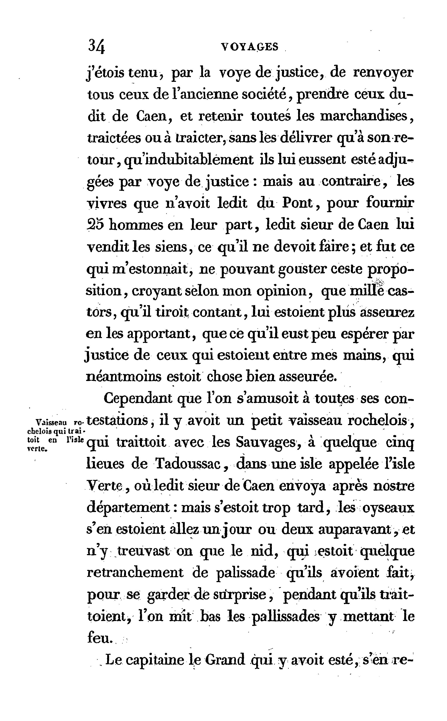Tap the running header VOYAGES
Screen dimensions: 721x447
pos(250,47)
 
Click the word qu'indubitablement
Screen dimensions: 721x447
pos(189,160)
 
